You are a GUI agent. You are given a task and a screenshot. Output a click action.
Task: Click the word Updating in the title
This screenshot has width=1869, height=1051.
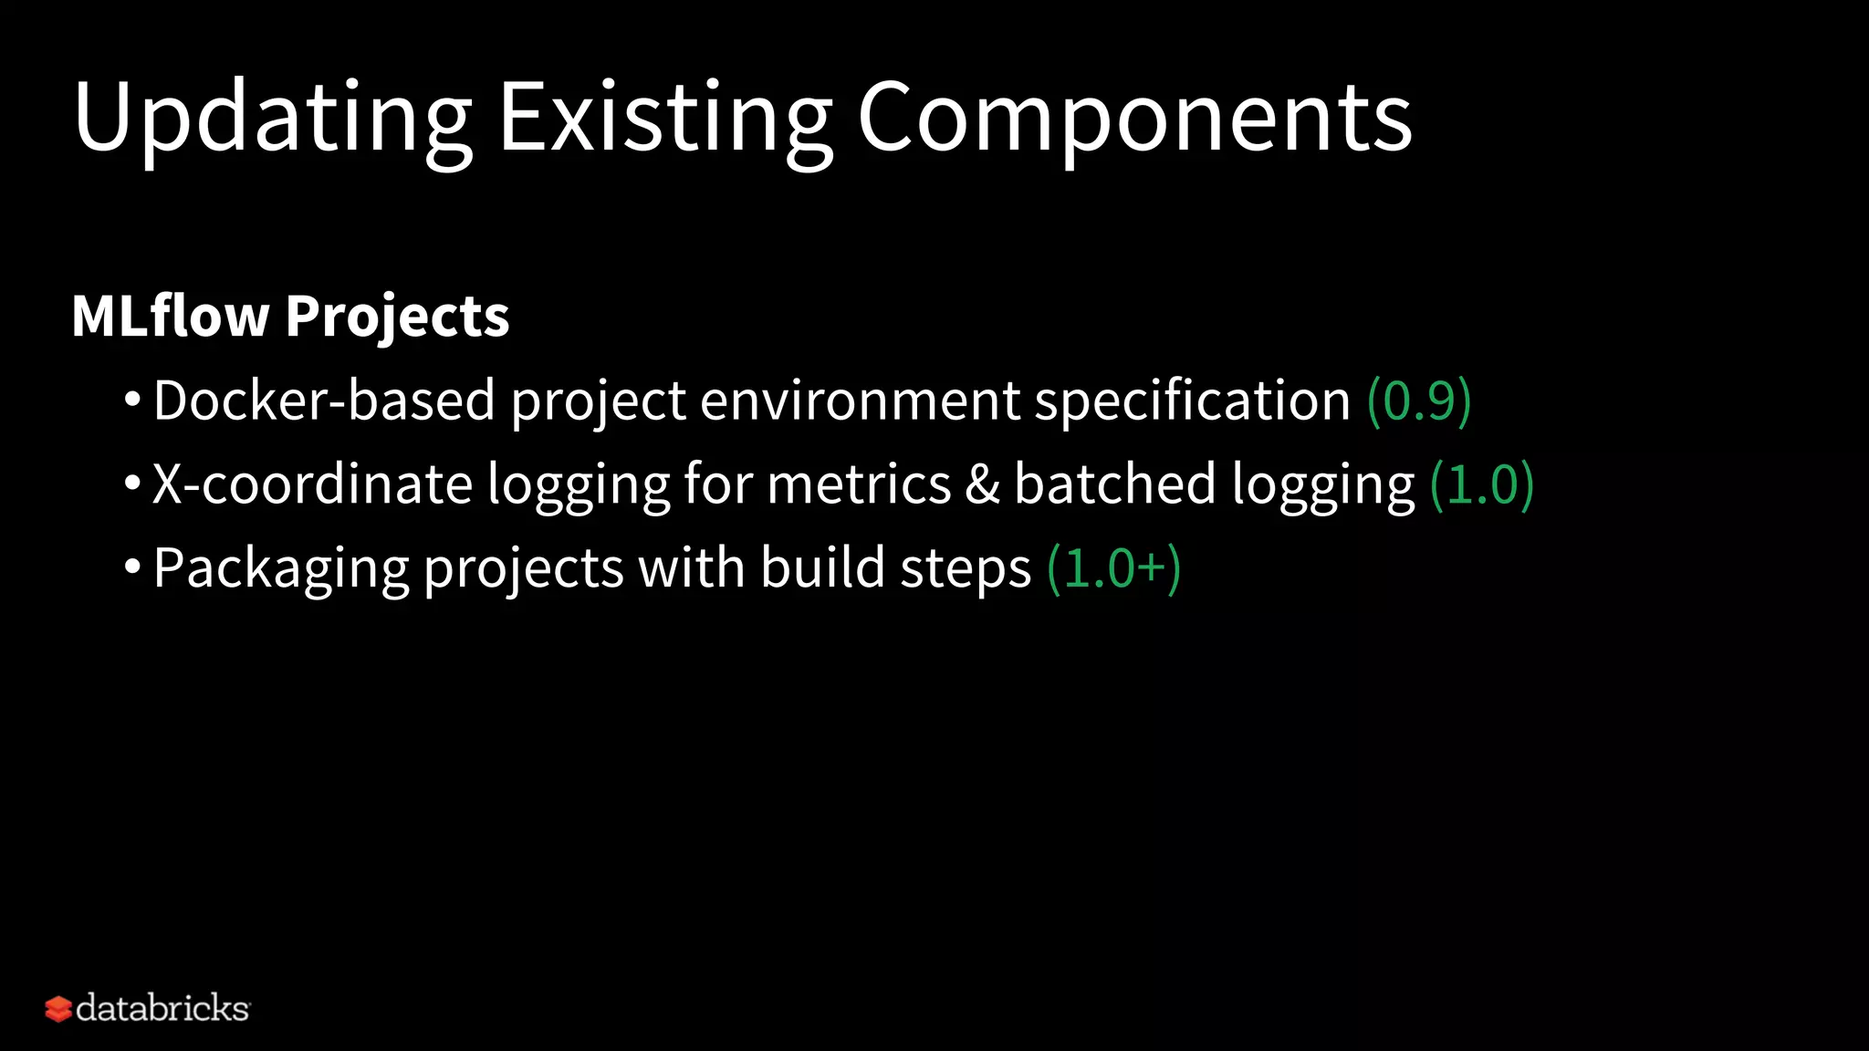(272, 119)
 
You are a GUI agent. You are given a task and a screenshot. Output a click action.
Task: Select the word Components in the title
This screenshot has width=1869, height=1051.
(1134, 119)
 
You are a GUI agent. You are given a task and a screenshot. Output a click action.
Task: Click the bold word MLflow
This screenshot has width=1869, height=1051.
(170, 316)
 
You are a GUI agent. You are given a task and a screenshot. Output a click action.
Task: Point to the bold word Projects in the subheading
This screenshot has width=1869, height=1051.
(397, 317)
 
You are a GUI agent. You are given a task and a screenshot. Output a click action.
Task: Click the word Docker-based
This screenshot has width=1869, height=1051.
(324, 401)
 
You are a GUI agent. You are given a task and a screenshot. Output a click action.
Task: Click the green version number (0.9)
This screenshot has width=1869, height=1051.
(1419, 401)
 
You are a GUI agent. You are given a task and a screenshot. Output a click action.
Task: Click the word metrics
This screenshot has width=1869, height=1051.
(859, 484)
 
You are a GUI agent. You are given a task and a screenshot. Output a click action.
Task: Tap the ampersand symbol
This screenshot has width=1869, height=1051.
(982, 484)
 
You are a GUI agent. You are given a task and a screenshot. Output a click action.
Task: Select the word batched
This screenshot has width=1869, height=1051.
(1114, 484)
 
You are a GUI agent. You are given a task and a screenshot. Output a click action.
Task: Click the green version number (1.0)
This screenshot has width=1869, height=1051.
(1482, 484)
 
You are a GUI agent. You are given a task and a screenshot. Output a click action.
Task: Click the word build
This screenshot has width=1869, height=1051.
(822, 567)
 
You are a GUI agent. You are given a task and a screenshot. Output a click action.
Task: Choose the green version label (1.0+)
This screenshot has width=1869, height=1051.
(1114, 568)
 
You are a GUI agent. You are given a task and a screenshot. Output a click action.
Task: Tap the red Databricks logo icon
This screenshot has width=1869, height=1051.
(58, 1009)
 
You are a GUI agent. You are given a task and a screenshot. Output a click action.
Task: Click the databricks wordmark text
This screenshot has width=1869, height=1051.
(162, 1008)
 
